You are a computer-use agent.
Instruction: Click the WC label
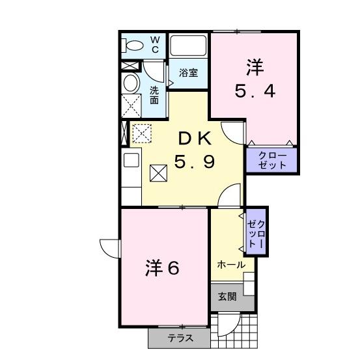pyautogui.click(x=155, y=44)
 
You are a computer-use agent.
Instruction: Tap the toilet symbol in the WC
pyautogui.click(x=133, y=46)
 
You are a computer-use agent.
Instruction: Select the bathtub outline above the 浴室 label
pyautogui.click(x=187, y=46)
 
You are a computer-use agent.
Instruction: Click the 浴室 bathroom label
pyautogui.click(x=188, y=74)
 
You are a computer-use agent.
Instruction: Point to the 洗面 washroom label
pyautogui.click(x=154, y=95)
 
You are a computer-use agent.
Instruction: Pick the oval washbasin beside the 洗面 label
pyautogui.click(x=131, y=83)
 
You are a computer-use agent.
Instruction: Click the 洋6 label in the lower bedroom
pyautogui.click(x=161, y=268)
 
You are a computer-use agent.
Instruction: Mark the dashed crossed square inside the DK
pyautogui.click(x=141, y=133)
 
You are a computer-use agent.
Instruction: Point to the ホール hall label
pyautogui.click(x=231, y=265)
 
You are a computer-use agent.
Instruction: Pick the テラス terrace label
pyautogui.click(x=180, y=338)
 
